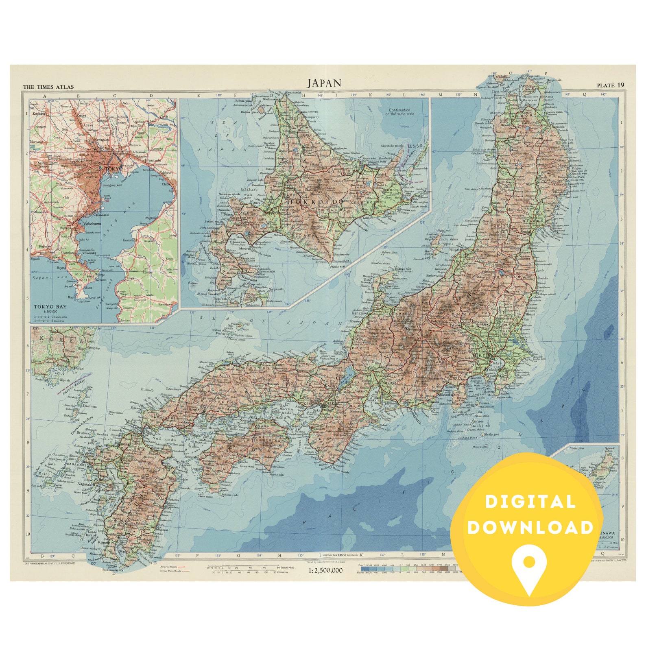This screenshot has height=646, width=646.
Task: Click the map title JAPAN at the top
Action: pyautogui.click(x=324, y=83)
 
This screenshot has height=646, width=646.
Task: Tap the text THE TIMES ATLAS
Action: pyautogui.click(x=49, y=87)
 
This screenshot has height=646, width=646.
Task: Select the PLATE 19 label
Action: pyautogui.click(x=610, y=85)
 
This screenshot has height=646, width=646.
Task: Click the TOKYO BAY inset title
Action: pyautogui.click(x=51, y=306)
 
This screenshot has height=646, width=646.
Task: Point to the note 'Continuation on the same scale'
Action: pyautogui.click(x=399, y=112)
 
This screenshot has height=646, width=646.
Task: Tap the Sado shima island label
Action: pyautogui.click(x=447, y=239)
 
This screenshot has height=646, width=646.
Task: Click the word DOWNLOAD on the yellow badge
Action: pyautogui.click(x=530, y=527)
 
